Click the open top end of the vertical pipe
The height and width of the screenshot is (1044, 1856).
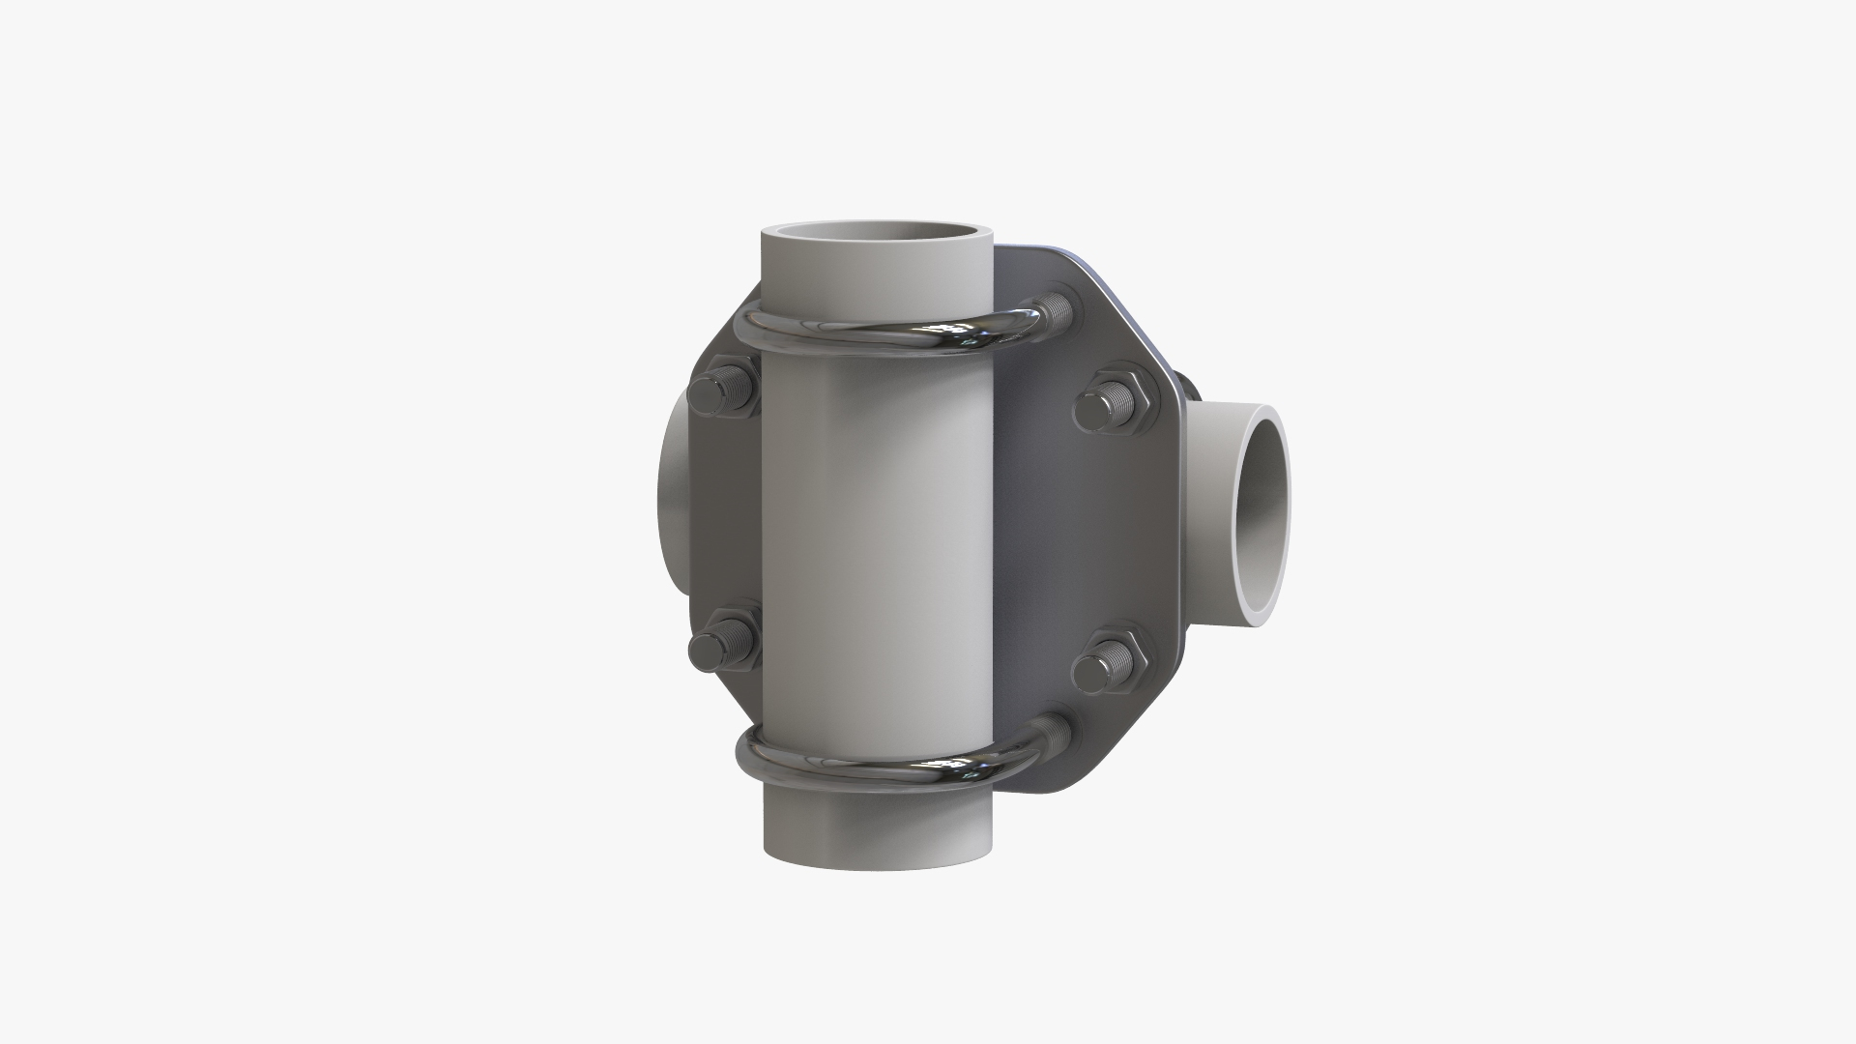(x=878, y=236)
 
